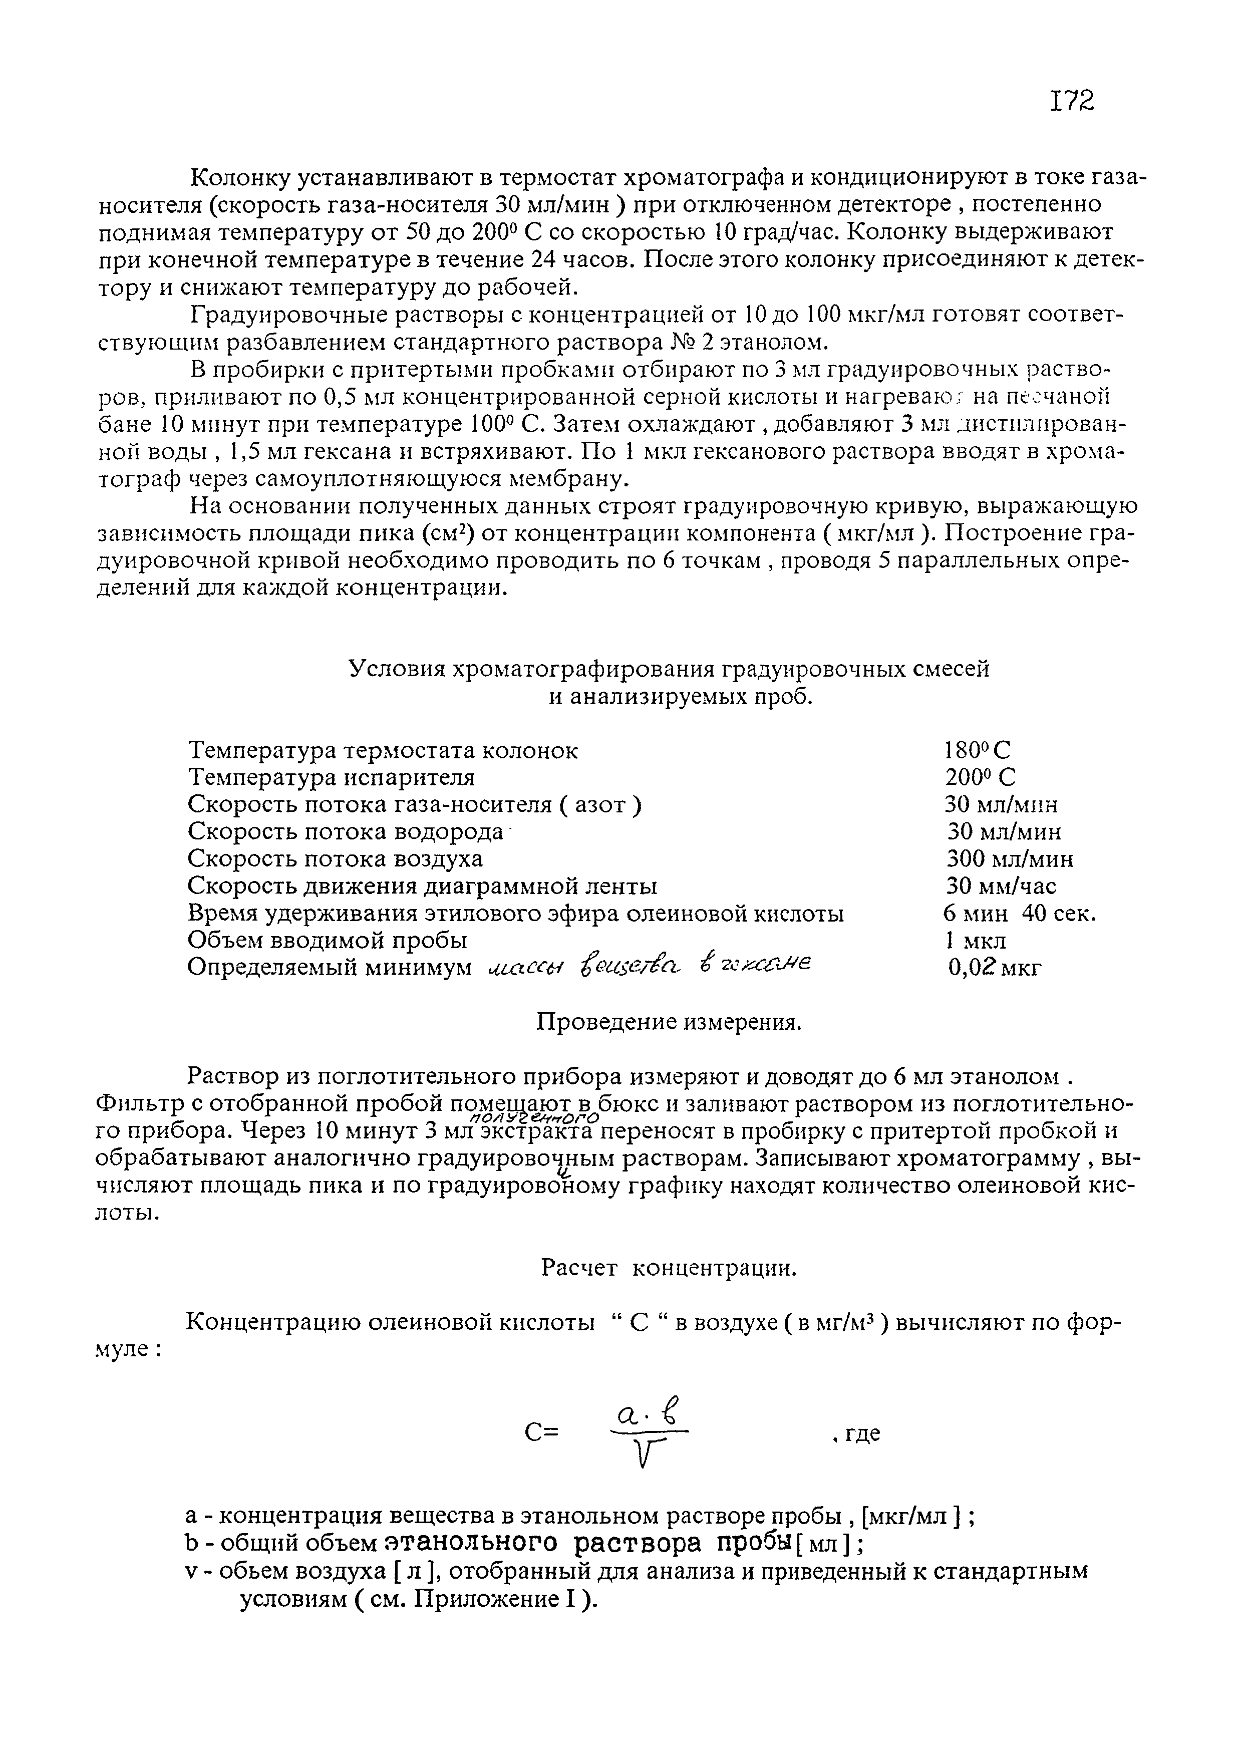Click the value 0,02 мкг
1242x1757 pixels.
tap(994, 968)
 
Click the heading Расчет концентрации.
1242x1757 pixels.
tap(669, 1269)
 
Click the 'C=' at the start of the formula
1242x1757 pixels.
tap(542, 1432)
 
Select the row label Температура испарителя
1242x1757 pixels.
tap(332, 777)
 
